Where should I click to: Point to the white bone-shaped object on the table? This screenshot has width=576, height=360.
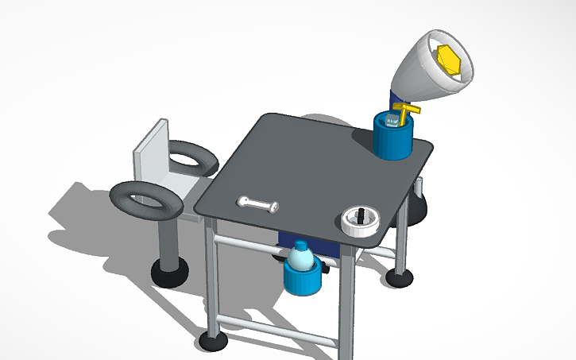click(258, 204)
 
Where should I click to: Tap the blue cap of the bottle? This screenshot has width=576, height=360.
click(300, 245)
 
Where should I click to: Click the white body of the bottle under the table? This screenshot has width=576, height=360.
click(300, 259)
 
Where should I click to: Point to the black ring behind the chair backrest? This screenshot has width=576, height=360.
click(191, 157)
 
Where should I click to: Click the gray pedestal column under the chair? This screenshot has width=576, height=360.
click(170, 243)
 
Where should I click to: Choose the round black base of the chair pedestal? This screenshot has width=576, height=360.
click(169, 273)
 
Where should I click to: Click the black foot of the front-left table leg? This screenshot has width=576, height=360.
click(212, 343)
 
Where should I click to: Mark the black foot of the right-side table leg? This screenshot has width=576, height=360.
click(399, 278)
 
